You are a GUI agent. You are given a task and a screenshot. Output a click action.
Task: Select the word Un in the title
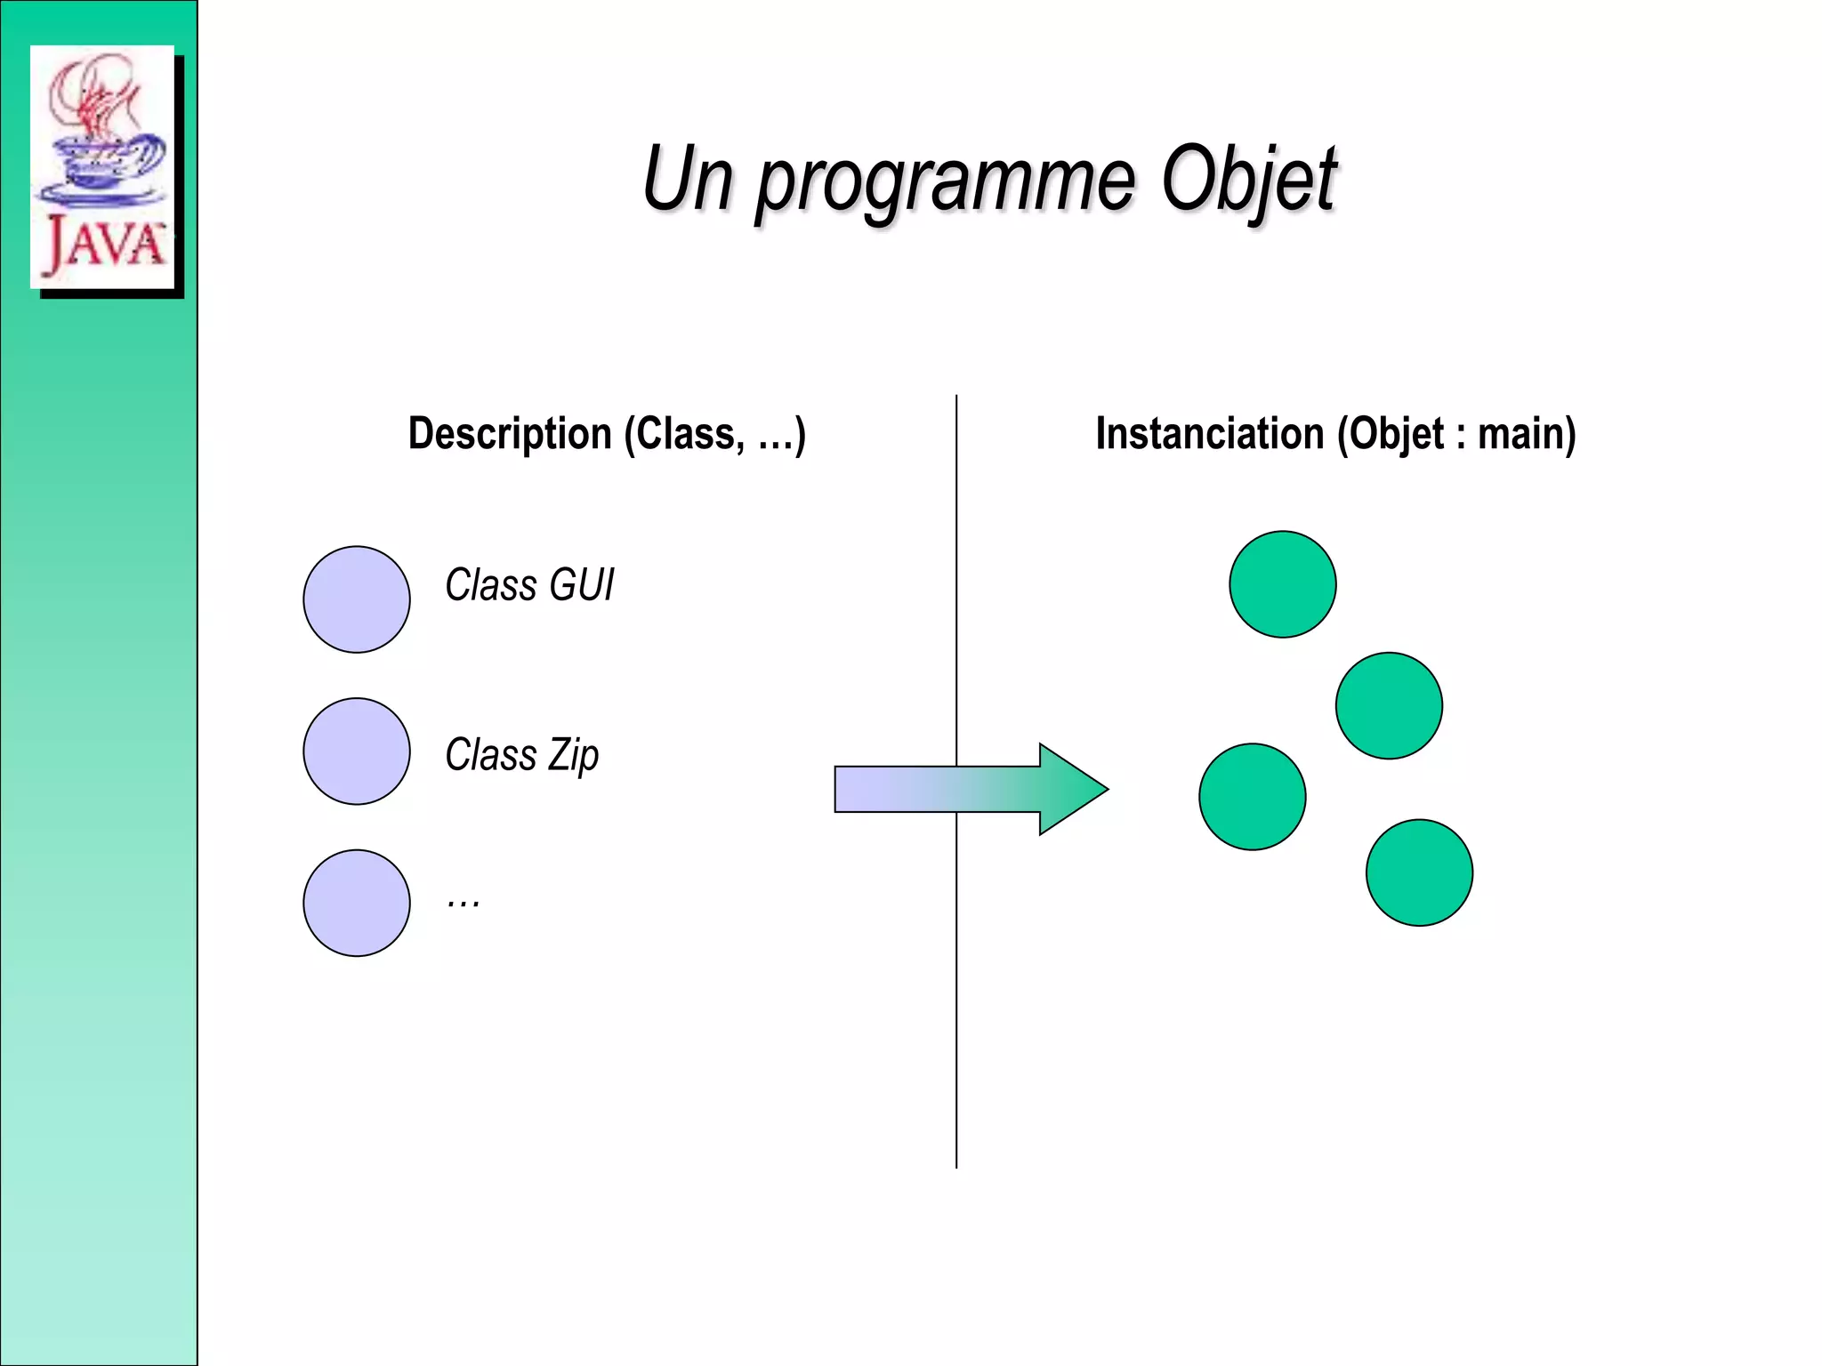tap(689, 180)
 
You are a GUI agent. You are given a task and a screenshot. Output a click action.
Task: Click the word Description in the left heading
tap(510, 434)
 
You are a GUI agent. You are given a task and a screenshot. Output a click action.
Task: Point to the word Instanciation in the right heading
tap(1210, 434)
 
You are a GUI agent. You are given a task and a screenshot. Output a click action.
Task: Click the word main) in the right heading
tap(1527, 434)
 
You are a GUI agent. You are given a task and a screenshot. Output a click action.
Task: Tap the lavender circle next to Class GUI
tap(357, 599)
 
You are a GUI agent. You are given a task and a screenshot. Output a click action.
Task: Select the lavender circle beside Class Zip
tap(357, 751)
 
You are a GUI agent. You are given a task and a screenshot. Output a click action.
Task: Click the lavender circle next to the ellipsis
tap(357, 903)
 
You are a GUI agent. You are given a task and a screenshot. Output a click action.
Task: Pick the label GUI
tap(581, 585)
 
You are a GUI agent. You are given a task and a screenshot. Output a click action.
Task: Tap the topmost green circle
tap(1282, 584)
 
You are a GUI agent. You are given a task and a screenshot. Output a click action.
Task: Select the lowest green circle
tap(1419, 872)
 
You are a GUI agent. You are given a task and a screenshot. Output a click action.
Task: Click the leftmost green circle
tap(1252, 797)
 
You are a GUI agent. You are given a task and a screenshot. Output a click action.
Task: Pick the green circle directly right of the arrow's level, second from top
tap(1389, 705)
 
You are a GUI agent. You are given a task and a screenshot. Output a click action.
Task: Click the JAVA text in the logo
tap(104, 244)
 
